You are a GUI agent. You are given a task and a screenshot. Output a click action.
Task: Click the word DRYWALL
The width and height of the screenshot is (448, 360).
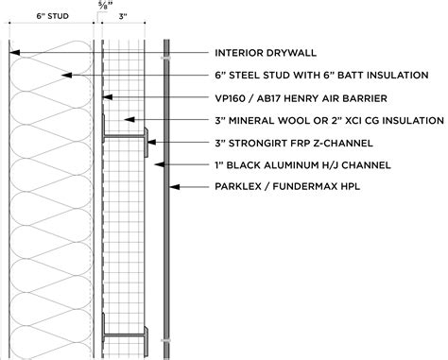coord(296,52)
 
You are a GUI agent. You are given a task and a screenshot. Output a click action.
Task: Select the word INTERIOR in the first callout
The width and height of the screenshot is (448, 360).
coord(242,52)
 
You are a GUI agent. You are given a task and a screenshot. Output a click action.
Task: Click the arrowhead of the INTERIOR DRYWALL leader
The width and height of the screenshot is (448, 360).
coord(10,52)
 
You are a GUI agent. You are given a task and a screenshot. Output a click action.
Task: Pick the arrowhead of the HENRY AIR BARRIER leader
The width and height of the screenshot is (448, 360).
coord(107,97)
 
